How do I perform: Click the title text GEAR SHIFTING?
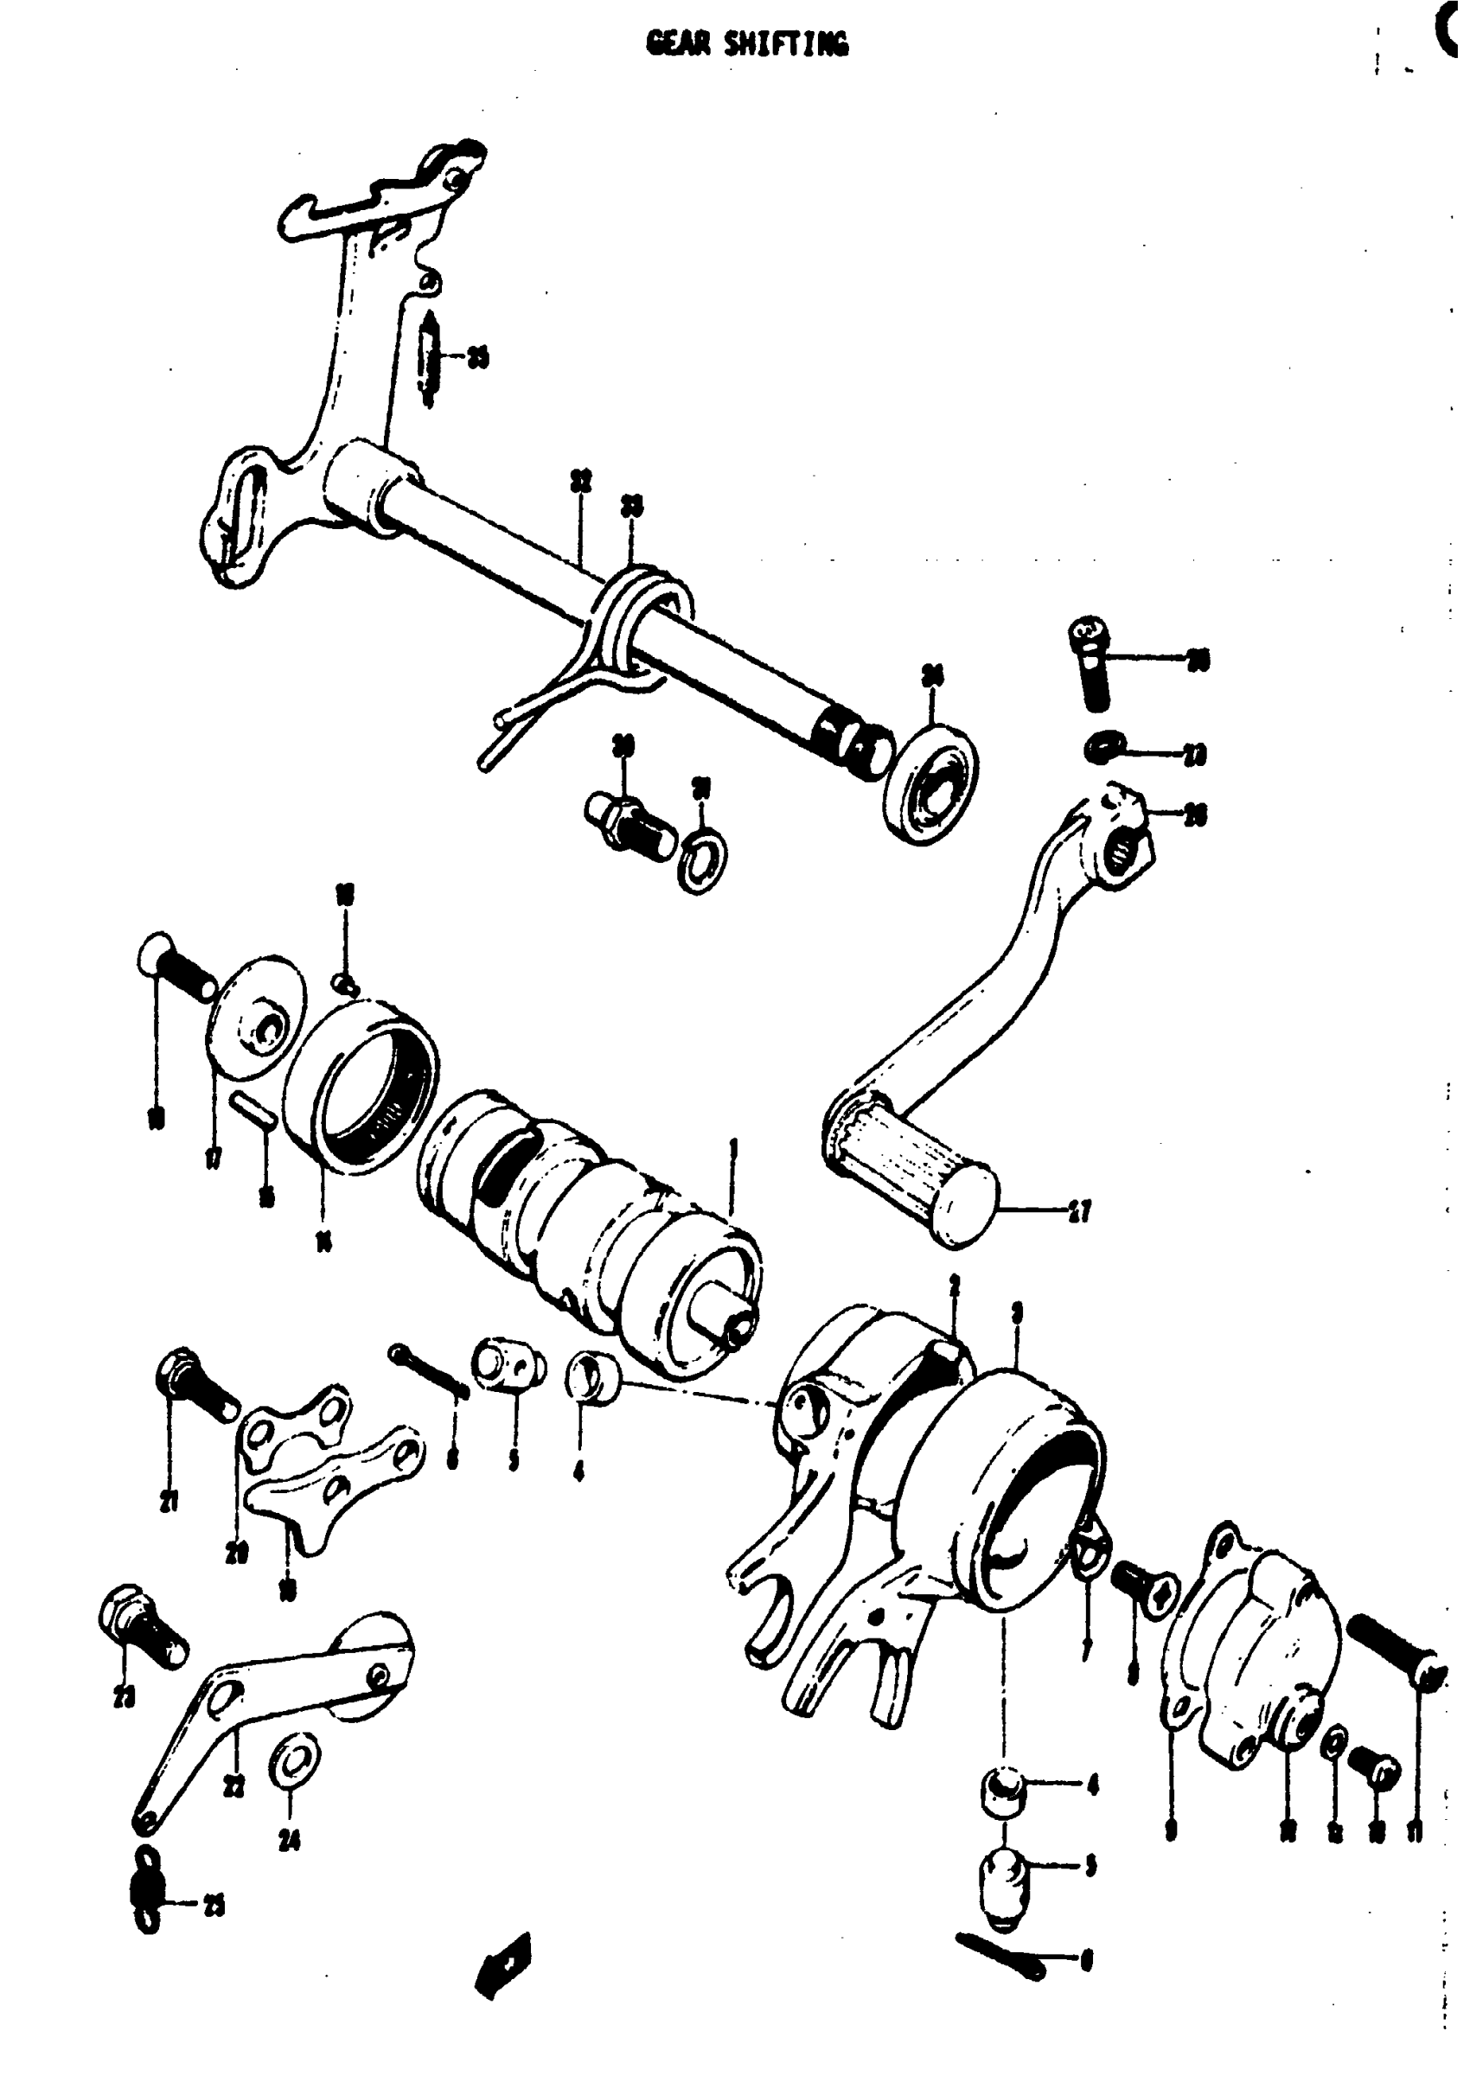(747, 43)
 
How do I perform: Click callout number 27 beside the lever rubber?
(1080, 1211)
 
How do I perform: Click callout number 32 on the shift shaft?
(580, 481)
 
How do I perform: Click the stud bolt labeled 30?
(628, 820)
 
